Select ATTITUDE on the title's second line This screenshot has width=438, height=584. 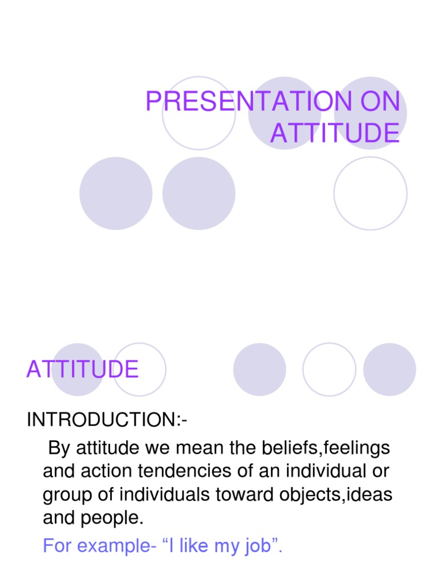(335, 133)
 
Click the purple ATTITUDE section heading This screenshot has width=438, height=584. (82, 370)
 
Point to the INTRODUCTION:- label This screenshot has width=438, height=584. (107, 421)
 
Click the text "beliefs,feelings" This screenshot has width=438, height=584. (336, 448)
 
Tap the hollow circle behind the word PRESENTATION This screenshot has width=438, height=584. (198, 113)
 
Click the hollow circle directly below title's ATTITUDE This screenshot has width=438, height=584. (370, 193)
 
